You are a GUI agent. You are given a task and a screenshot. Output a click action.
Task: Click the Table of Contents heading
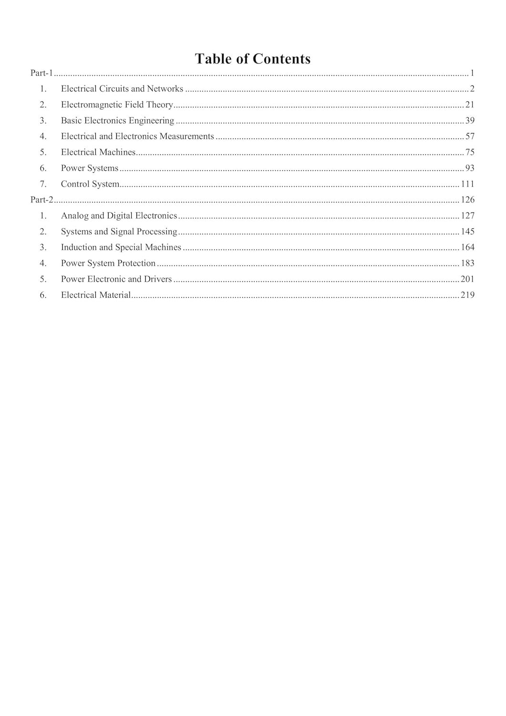pos(253,59)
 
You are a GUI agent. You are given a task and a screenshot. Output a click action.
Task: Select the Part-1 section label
pos(41,73)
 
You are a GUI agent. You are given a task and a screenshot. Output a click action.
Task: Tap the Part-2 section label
pos(42,200)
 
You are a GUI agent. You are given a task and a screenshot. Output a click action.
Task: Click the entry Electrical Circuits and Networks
pos(122,89)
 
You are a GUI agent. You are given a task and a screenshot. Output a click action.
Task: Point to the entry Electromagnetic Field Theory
pos(117,105)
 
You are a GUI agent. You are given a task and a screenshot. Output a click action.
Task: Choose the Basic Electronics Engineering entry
pos(117,120)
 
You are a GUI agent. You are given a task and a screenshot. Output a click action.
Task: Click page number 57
pos(470,137)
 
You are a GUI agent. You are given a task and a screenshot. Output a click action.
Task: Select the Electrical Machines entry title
pos(98,152)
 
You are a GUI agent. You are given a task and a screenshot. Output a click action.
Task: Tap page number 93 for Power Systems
pos(470,168)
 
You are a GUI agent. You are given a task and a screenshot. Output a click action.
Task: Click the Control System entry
pos(90,184)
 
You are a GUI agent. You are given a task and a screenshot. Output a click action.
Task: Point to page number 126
pos(467,200)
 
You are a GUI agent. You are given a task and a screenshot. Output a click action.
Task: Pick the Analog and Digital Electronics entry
pos(119,216)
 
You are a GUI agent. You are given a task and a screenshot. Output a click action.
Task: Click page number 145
pos(467,232)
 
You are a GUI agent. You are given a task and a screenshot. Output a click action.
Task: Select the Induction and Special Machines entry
pos(121,247)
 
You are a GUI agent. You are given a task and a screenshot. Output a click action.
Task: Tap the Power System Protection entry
pos(108,263)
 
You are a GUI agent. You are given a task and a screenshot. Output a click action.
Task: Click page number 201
pos(467,279)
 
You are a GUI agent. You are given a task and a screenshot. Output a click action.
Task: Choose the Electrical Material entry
pos(95,295)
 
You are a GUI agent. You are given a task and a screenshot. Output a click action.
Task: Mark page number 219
pos(467,295)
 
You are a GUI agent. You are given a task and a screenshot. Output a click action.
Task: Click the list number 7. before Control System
pos(43,184)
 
